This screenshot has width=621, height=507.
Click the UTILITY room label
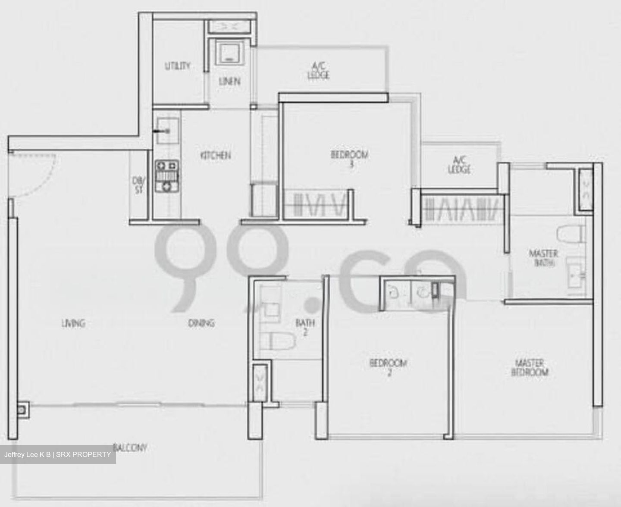click(x=177, y=66)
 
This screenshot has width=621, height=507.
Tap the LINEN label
click(x=229, y=81)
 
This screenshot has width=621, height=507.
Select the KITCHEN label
click(x=216, y=155)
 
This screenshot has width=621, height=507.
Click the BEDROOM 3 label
click(x=350, y=158)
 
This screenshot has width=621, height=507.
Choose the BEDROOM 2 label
click(x=388, y=367)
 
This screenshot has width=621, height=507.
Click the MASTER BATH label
click(x=543, y=257)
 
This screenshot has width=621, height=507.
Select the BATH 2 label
click(x=305, y=327)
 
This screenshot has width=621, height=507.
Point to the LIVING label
click(x=73, y=322)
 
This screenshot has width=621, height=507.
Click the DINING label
click(x=201, y=322)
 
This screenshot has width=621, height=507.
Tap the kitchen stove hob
click(x=166, y=175)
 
